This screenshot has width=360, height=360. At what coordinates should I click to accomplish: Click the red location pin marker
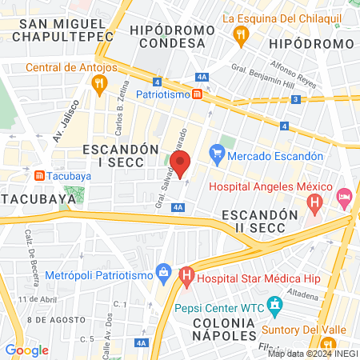181,162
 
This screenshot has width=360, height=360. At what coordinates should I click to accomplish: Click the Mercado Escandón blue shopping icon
215,151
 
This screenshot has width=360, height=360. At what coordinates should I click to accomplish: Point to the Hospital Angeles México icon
315,202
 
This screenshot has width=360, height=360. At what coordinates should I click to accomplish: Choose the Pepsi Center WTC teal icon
274,305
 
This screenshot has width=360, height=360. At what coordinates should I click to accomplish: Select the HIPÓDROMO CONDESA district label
196,34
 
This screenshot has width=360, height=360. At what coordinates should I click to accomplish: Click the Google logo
26,350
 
